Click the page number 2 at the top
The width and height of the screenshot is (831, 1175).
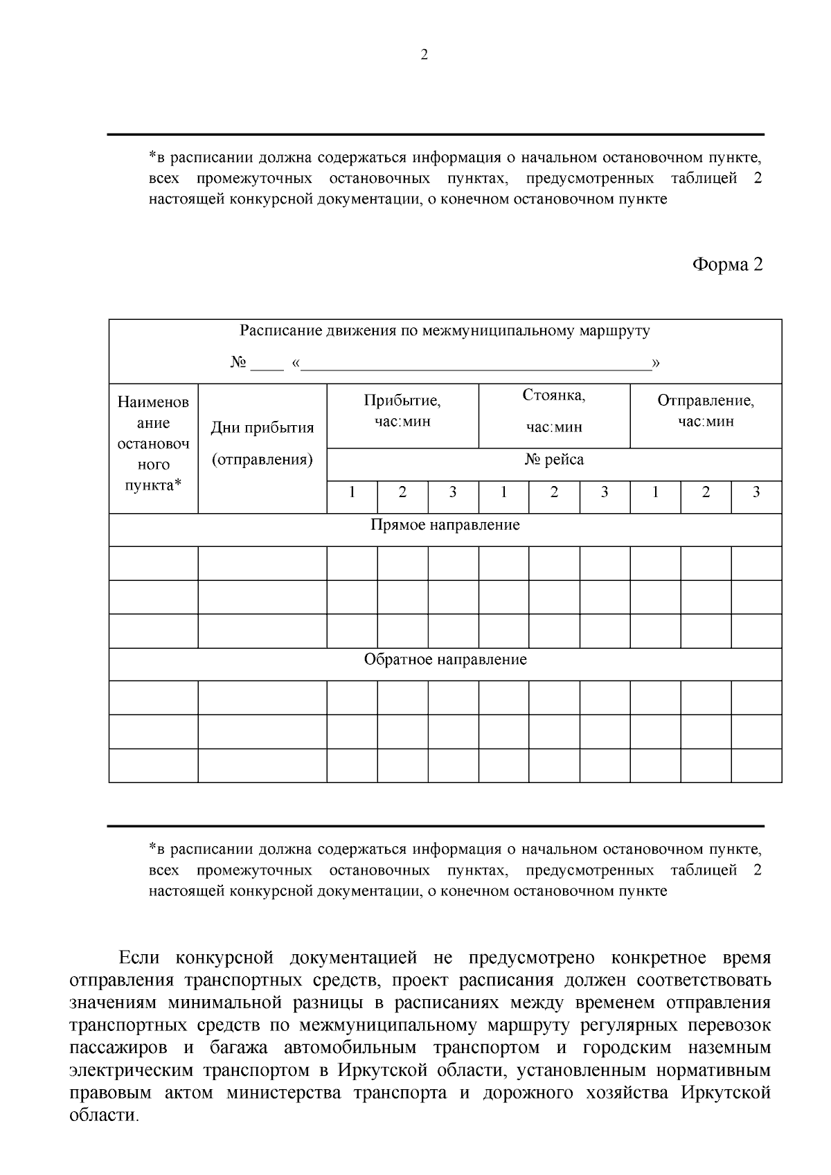tap(425, 55)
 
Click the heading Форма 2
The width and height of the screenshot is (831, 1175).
tap(728, 264)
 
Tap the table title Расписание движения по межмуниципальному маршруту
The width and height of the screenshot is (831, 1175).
tap(445, 331)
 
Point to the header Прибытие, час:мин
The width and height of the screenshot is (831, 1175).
tap(402, 411)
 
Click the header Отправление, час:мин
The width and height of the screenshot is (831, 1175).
tap(706, 411)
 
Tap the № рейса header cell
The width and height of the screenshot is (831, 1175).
tap(554, 460)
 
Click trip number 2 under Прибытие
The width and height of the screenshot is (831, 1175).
tap(402, 492)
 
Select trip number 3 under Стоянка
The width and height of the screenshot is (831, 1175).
tap(605, 492)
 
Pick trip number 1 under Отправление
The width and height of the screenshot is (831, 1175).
tap(655, 492)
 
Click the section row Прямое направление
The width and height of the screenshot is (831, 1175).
tap(445, 525)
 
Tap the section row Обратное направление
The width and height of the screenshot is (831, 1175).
tap(445, 659)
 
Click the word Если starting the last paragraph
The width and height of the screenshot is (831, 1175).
tap(140, 958)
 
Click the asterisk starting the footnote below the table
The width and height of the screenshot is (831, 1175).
tap(152, 847)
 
